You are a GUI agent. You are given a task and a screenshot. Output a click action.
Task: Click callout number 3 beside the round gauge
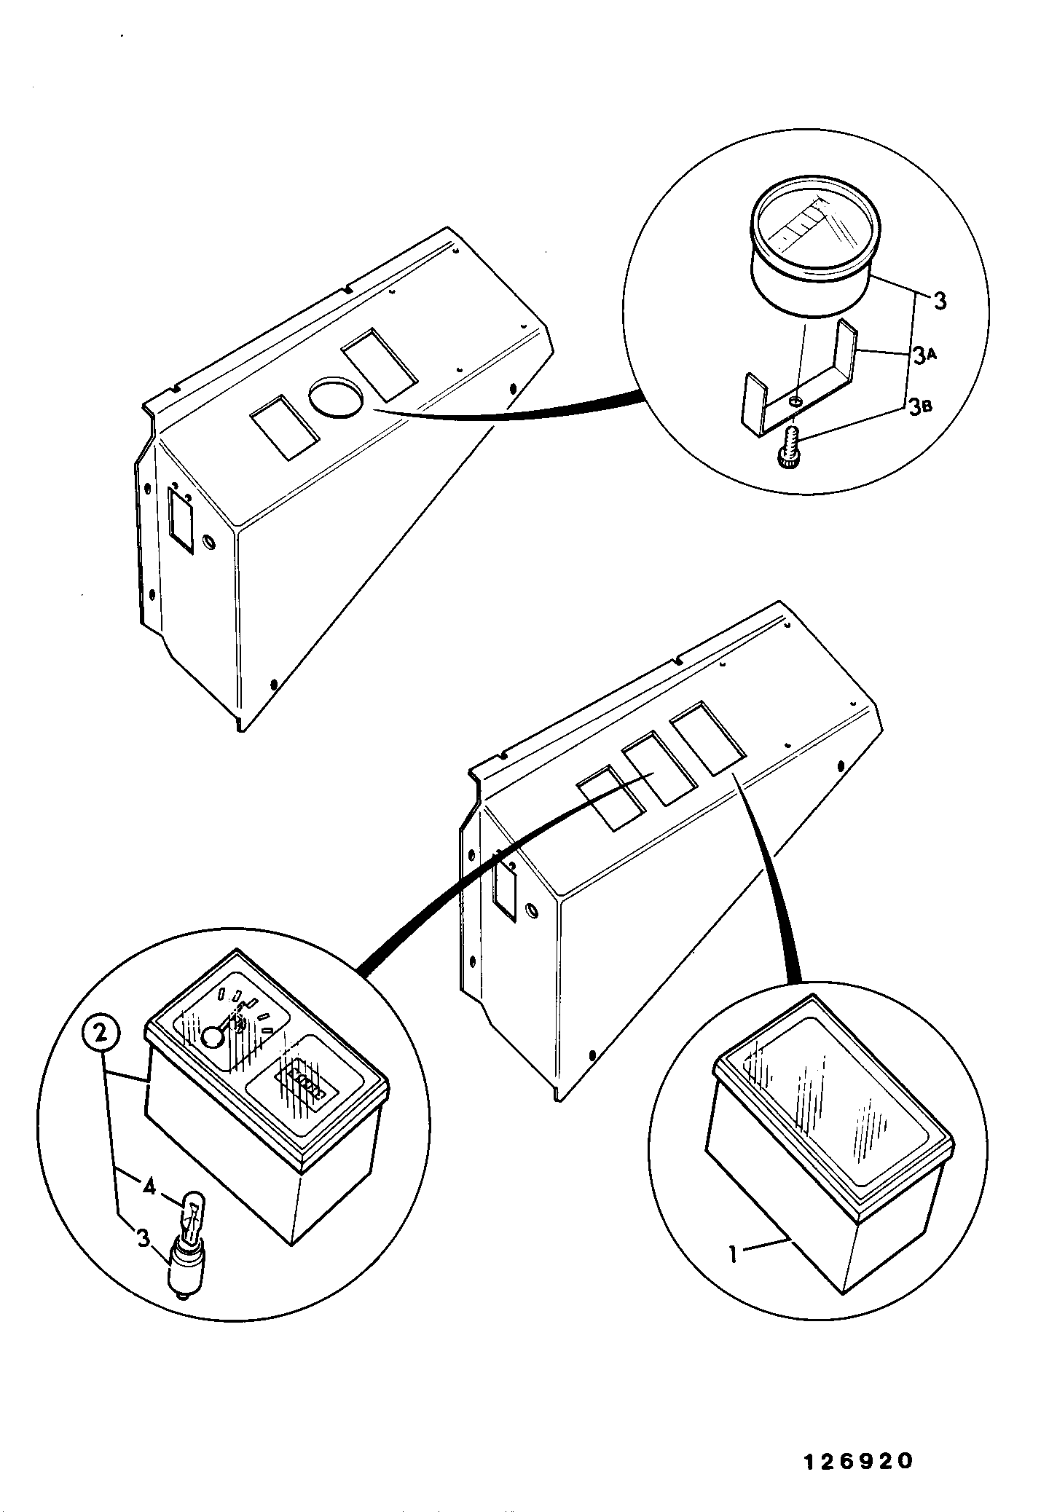pyautogui.click(x=940, y=300)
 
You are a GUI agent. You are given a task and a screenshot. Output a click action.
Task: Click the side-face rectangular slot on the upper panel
pyautogui.click(x=181, y=520)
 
